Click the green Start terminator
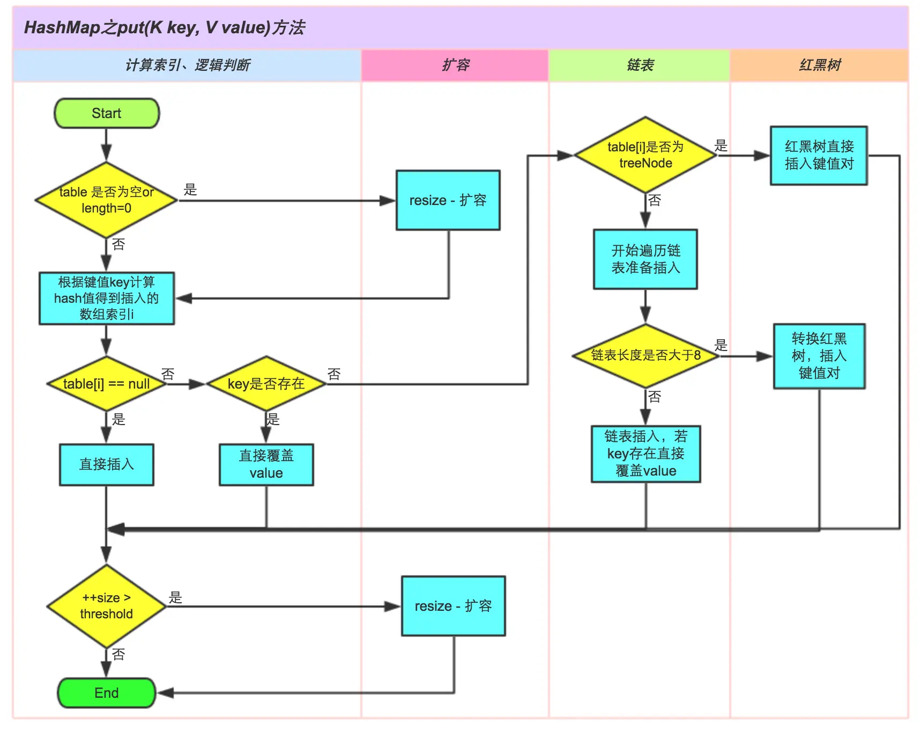(107, 113)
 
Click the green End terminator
(107, 693)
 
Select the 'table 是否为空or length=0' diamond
(107, 200)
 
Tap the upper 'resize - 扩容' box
(448, 200)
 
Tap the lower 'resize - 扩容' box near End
(453, 606)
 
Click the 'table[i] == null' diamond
(107, 384)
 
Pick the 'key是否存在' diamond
(266, 384)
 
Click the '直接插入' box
(107, 464)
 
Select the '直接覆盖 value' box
(266, 464)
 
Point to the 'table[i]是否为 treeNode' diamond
(646, 155)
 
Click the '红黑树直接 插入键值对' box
(819, 156)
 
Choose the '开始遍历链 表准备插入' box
(646, 259)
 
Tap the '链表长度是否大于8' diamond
(646, 355)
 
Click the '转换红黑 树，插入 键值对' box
(819, 356)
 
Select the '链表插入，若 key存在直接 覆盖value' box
(646, 454)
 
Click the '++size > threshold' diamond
(107, 606)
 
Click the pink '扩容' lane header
(455, 65)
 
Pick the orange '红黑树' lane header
(819, 65)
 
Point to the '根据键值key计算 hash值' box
(107, 298)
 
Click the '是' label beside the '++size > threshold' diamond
(175, 597)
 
